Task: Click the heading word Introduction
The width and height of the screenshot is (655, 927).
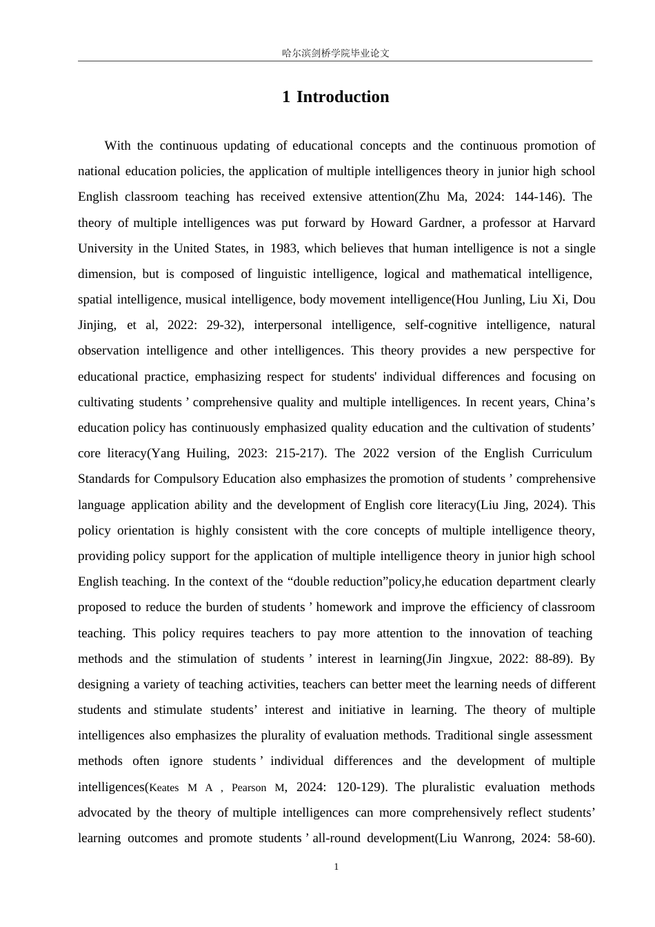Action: click(x=343, y=97)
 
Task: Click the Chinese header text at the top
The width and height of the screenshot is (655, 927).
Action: click(x=336, y=53)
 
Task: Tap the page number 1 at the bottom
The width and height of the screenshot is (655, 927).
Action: click(x=336, y=867)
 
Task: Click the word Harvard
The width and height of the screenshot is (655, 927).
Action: click(x=574, y=223)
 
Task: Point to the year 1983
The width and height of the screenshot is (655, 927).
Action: click(x=284, y=248)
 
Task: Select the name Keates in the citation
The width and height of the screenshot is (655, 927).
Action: click(x=164, y=788)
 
